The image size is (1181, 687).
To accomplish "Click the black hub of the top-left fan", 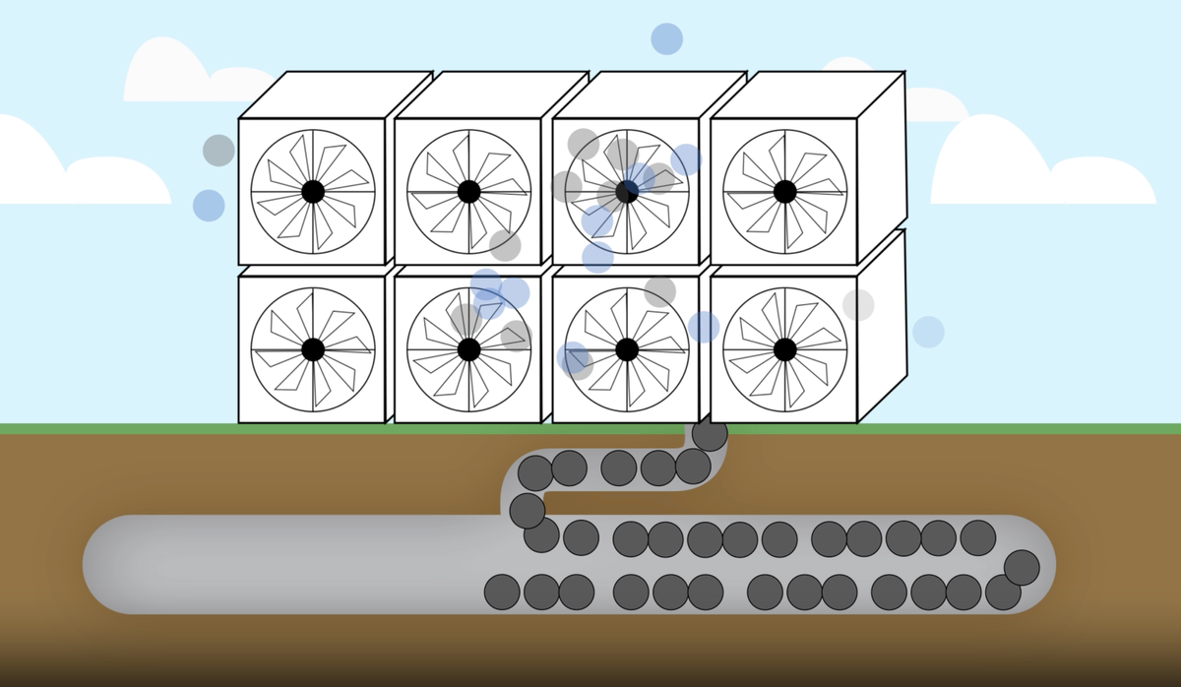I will (313, 191).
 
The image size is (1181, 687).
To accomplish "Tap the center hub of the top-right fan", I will (784, 191).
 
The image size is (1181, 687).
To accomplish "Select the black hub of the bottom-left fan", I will (313, 349).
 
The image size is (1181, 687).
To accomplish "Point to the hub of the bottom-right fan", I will (784, 349).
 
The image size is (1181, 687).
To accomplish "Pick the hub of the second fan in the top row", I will (469, 191).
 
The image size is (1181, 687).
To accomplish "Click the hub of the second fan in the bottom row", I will (469, 349).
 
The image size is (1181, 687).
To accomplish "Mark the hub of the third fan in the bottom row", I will (627, 349).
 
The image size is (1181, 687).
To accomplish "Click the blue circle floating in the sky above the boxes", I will (666, 38).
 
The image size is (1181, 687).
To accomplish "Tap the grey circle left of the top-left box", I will (218, 151).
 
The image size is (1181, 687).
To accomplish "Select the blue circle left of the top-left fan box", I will (209, 206).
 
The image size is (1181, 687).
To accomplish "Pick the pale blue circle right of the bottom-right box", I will (928, 332).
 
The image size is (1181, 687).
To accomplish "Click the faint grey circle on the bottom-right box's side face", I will (858, 305).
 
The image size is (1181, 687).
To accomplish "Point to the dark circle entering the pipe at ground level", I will (710, 432).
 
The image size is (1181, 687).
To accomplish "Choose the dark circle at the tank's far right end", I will (1022, 567).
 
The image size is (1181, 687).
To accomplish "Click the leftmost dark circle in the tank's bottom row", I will (502, 592).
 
